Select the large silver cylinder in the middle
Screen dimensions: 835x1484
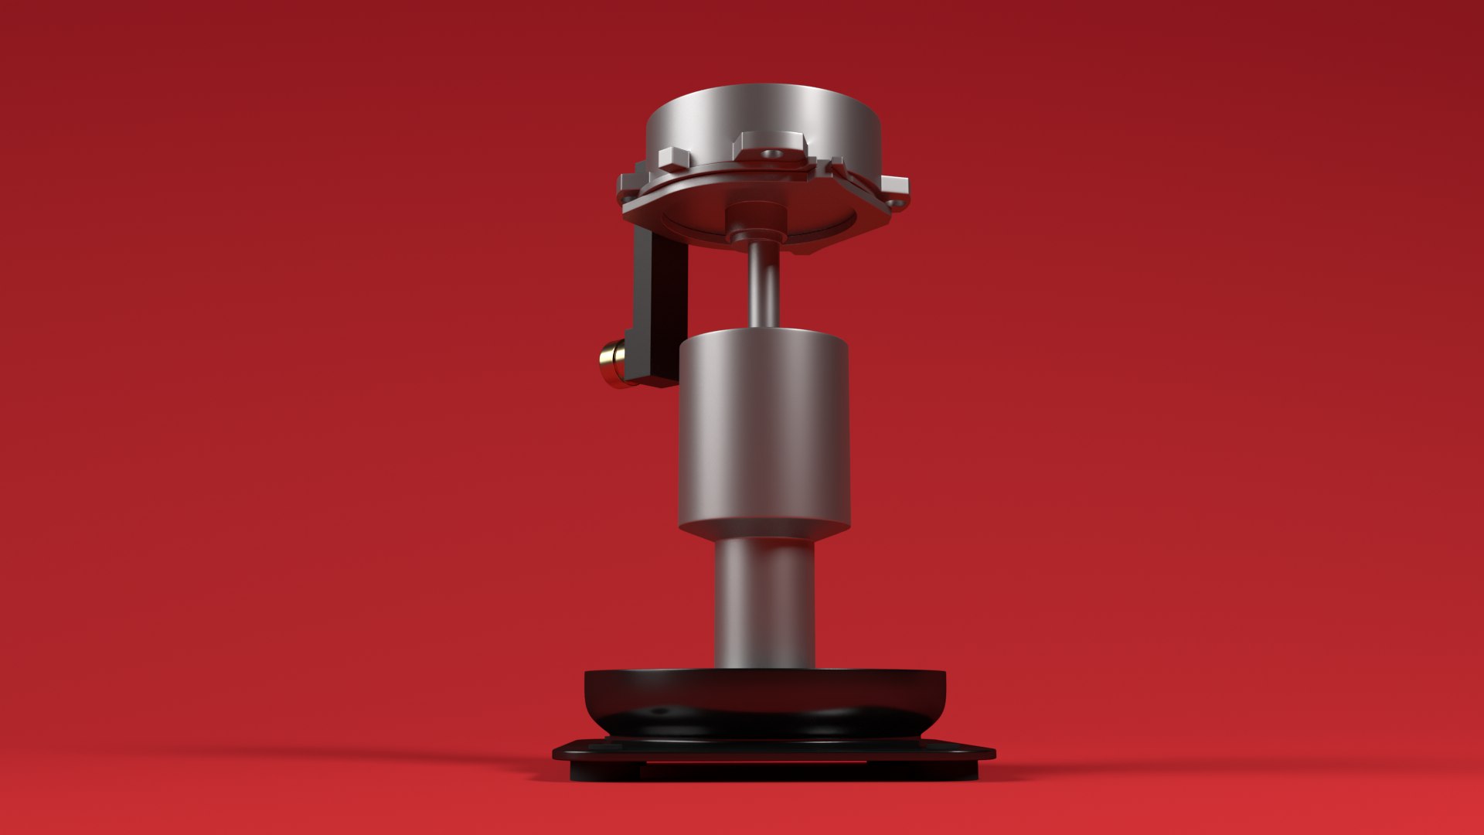pyautogui.click(x=764, y=433)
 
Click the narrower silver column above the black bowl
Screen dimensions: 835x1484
pyautogui.click(x=764, y=603)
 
